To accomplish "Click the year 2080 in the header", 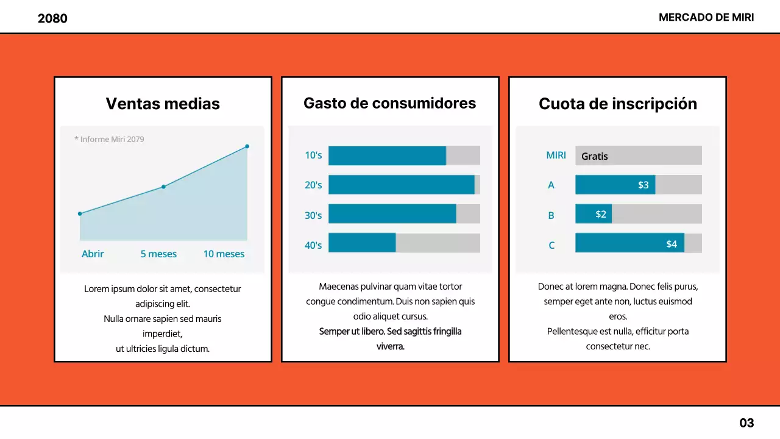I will click(52, 18).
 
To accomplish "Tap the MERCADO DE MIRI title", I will click(706, 18).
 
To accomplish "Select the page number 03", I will click(746, 423).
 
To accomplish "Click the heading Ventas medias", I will click(163, 104).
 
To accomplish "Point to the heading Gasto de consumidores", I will click(389, 103).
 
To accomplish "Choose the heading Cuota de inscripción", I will click(617, 104).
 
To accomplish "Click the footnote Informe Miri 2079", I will click(110, 139).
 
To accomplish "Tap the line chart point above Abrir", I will click(80, 213).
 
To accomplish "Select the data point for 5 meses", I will click(163, 187).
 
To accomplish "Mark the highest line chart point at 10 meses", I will click(247, 146).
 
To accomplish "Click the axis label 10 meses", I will click(224, 254).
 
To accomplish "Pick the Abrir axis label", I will click(93, 254).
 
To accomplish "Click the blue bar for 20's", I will click(401, 185).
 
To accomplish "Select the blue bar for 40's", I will click(362, 243).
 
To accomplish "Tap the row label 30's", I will click(313, 215).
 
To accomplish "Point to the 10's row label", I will click(313, 155).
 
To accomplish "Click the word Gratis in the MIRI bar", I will click(594, 156).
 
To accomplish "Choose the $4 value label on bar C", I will click(671, 244).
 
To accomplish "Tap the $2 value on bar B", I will click(601, 214).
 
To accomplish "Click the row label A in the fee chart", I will click(551, 185).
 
